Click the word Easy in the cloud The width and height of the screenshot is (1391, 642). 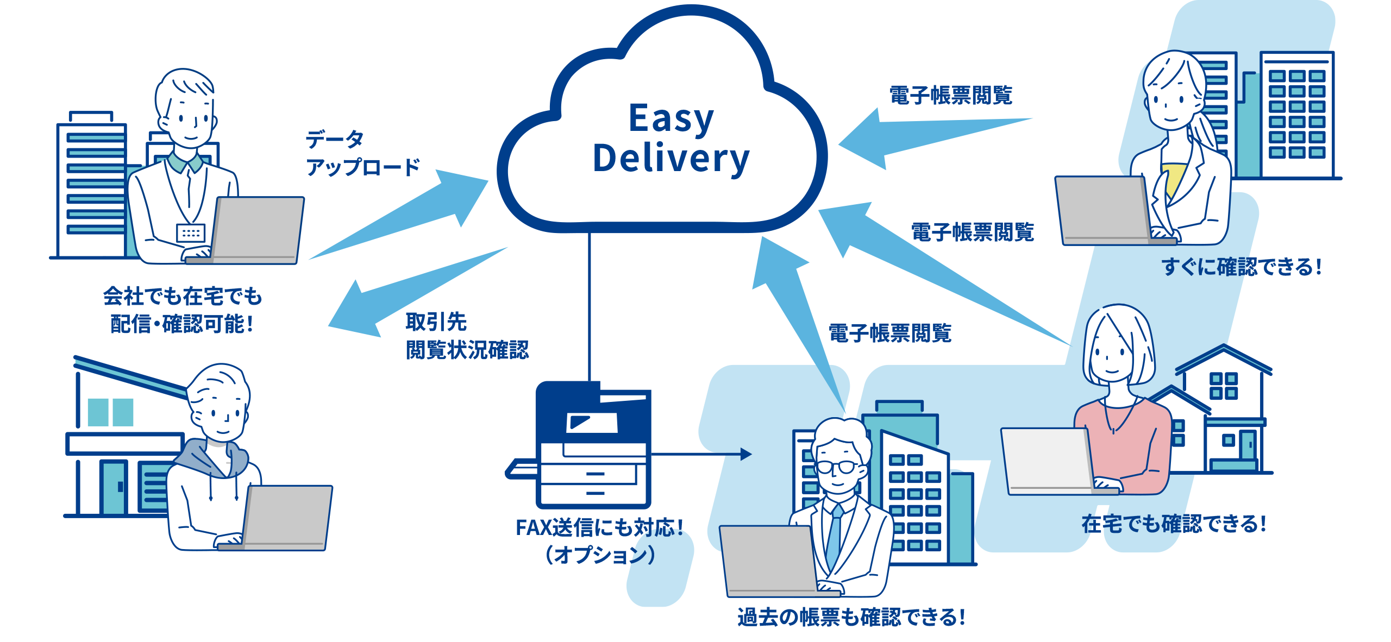click(x=671, y=118)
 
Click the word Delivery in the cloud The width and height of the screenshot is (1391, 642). click(x=671, y=159)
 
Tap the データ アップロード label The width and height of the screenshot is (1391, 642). click(x=362, y=154)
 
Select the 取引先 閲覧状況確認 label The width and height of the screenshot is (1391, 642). click(x=466, y=336)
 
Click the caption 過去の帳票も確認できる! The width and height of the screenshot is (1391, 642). click(x=851, y=618)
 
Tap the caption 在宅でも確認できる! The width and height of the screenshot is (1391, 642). click(x=1174, y=524)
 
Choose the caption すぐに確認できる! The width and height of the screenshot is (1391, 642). click(x=1241, y=267)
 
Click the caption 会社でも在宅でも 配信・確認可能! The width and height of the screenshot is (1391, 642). click(x=183, y=310)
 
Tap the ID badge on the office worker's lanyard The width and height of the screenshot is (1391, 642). click(x=190, y=232)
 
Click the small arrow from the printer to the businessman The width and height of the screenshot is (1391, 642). click(x=701, y=454)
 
